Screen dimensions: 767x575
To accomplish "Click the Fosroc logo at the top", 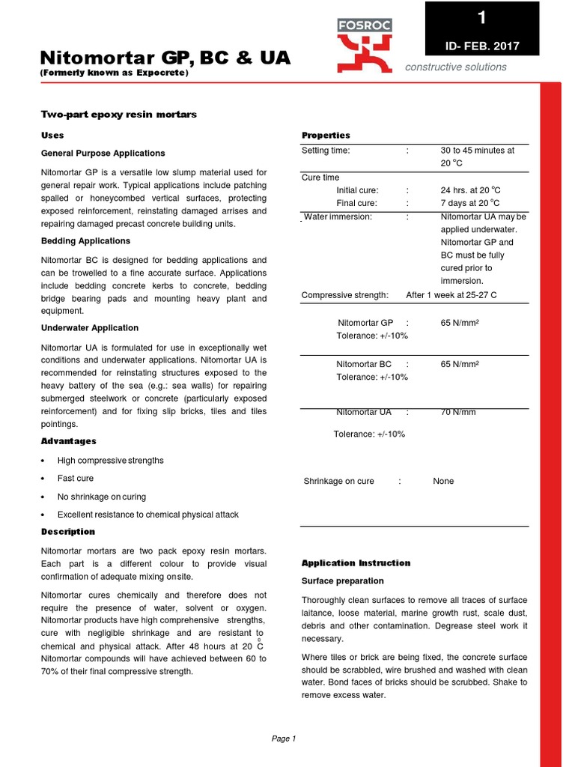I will (363, 45).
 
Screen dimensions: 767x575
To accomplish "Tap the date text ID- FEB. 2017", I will (482, 46).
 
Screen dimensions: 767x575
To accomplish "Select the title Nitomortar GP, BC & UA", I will (165, 58).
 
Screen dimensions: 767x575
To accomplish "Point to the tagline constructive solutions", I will (456, 67).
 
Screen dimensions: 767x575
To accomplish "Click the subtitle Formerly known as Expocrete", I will (114, 73).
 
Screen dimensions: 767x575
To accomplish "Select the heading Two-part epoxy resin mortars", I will (118, 114).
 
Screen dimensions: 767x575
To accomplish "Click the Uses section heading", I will (52, 135).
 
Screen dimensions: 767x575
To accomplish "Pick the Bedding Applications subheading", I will (85, 240).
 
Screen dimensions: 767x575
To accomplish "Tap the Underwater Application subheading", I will (89, 327).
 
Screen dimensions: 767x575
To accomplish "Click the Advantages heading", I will (68, 441).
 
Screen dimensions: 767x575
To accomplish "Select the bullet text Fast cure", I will (76, 478).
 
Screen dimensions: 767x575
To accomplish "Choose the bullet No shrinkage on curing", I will (102, 497).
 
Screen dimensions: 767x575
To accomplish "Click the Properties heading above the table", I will (326, 135).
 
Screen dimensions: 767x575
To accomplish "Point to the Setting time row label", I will (326, 150).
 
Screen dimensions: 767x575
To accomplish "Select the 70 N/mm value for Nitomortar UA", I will (458, 412).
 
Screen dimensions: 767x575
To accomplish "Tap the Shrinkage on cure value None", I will (443, 481).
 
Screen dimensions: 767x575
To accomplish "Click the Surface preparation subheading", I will (342, 580).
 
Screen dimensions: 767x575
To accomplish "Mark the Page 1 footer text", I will (284, 739).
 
